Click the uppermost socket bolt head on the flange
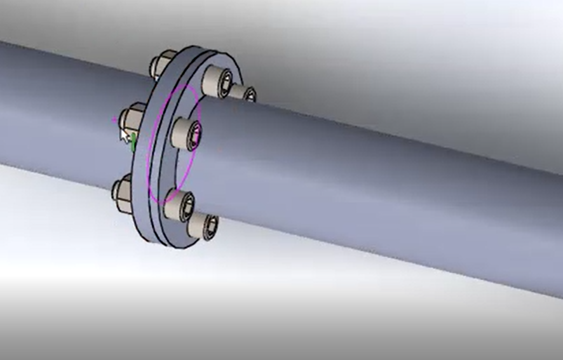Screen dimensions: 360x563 217,81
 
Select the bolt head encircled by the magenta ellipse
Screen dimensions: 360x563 186,132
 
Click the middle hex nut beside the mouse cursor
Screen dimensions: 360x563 132,117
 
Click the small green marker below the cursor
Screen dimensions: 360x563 133,145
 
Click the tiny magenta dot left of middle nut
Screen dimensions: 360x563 114,118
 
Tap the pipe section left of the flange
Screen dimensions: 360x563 57,108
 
